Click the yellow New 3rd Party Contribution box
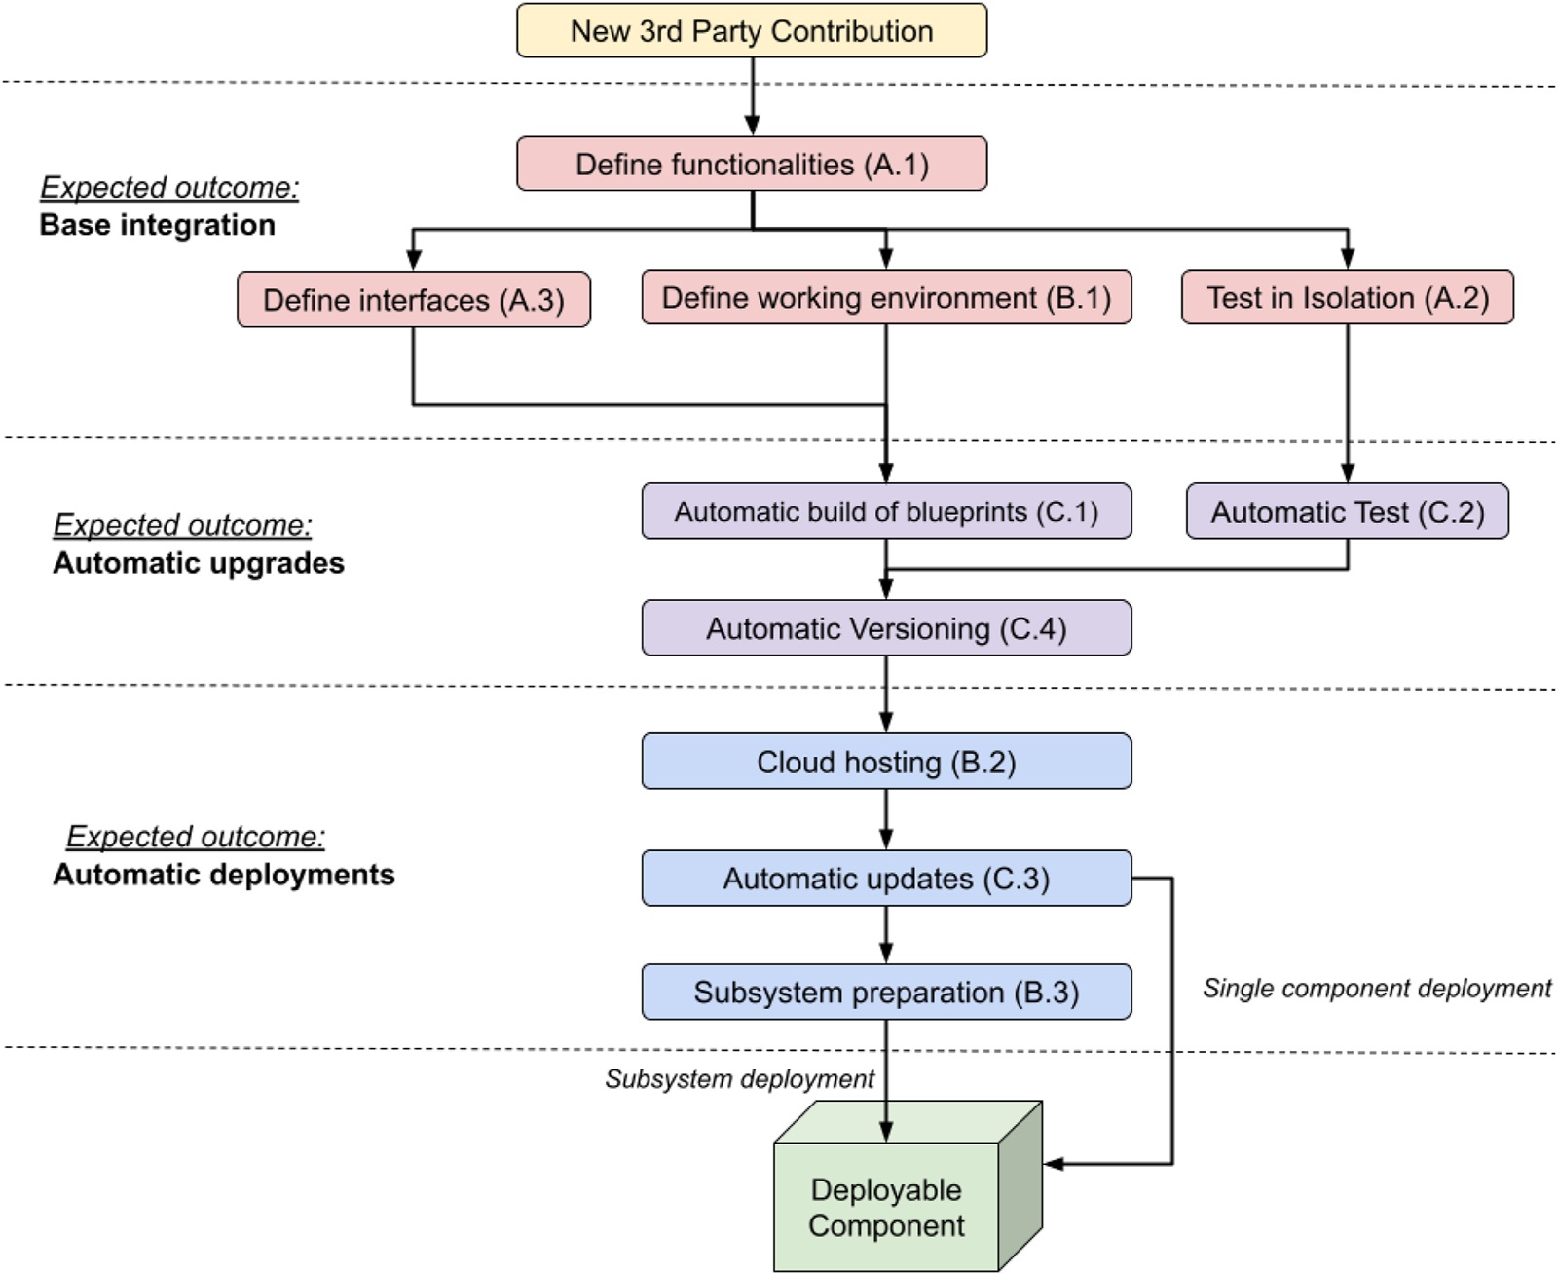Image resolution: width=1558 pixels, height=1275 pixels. tap(751, 31)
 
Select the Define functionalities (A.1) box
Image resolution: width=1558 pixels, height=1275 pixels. tap(751, 164)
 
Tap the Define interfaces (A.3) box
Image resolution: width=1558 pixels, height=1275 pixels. tap(413, 299)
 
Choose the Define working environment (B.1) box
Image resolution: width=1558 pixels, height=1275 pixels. tap(886, 297)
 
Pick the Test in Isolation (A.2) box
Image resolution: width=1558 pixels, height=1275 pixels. tap(1347, 297)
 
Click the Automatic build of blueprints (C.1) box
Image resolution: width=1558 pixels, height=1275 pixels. tap(886, 511)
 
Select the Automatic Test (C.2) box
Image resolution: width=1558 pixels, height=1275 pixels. tap(1347, 511)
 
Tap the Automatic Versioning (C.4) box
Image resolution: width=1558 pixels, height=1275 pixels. tap(886, 628)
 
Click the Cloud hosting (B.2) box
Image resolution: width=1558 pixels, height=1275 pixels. tap(886, 762)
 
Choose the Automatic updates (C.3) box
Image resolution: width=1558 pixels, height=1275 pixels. tap(886, 879)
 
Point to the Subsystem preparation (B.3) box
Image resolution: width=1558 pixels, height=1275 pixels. tap(886, 993)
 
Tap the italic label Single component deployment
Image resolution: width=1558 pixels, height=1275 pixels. tap(1376, 989)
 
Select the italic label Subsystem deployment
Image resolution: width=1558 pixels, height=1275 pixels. tap(739, 1079)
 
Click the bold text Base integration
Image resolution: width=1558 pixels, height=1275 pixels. tap(157, 225)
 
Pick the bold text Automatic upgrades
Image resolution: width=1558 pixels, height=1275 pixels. tap(199, 563)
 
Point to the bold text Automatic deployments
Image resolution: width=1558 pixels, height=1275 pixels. tap(224, 875)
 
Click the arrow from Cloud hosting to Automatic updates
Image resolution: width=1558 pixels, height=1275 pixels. tap(886, 819)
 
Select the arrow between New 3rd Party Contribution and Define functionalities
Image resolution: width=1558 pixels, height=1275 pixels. tap(752, 95)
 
